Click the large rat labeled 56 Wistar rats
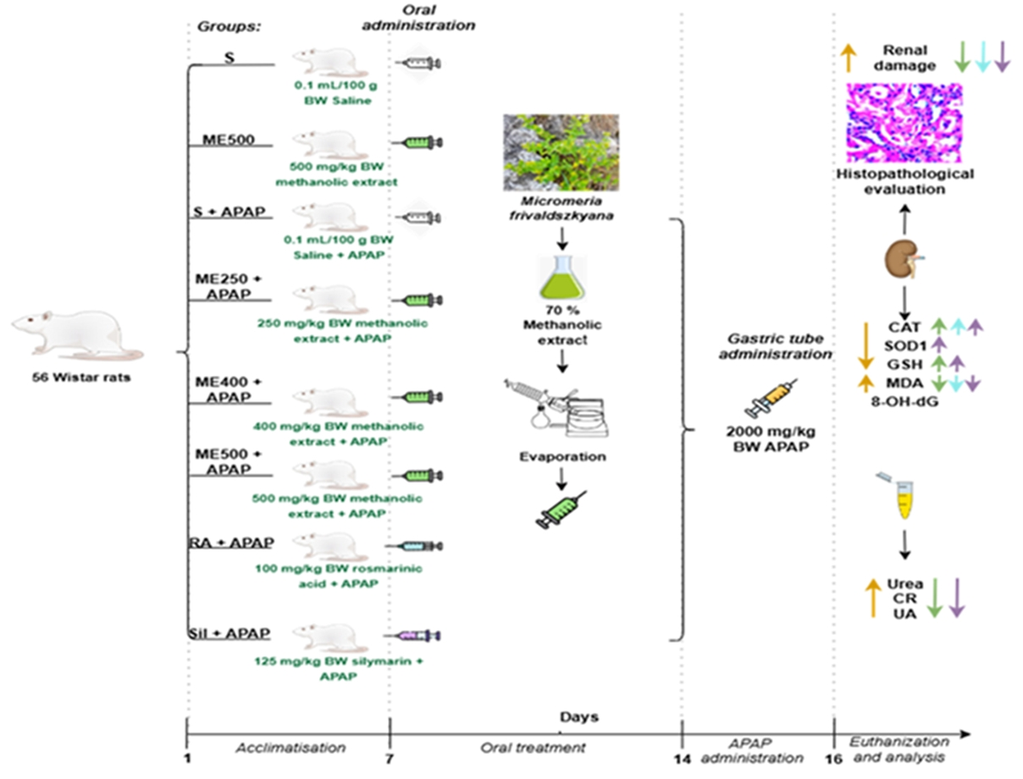coord(76,333)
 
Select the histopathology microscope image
coord(904,123)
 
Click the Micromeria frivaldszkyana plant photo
coord(560,152)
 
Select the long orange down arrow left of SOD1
coord(865,345)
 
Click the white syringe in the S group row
coord(418,64)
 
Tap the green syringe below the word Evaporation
coord(560,510)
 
